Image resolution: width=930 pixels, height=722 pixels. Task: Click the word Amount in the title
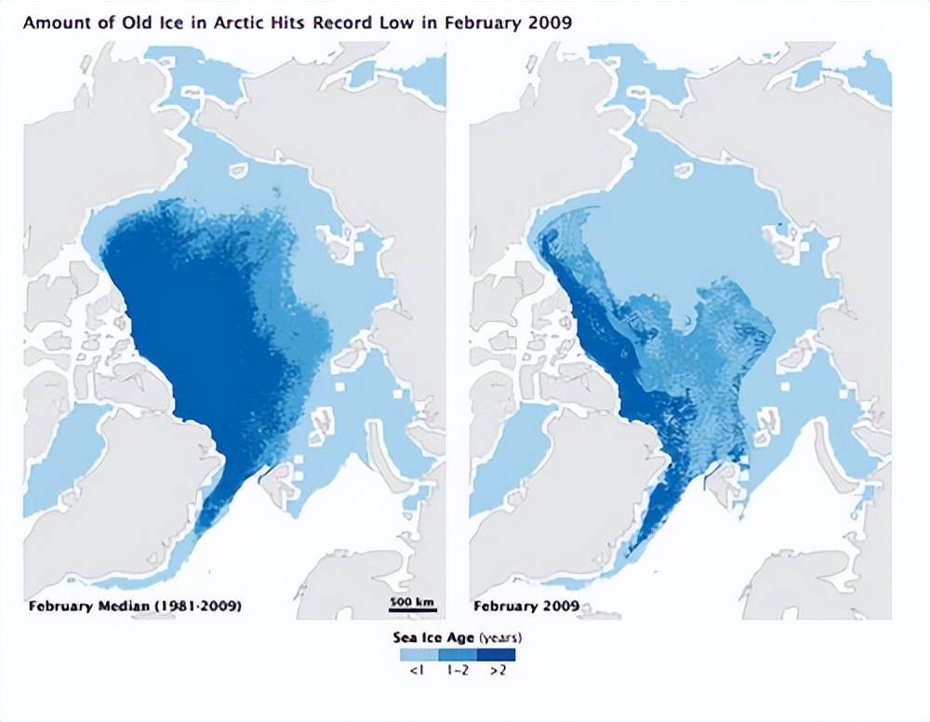pyautogui.click(x=55, y=21)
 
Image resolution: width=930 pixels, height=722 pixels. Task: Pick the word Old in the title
pyautogui.click(x=131, y=21)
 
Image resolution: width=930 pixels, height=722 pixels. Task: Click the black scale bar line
pyautogui.click(x=412, y=611)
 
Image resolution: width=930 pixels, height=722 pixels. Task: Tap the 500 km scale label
pyautogui.click(x=412, y=602)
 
